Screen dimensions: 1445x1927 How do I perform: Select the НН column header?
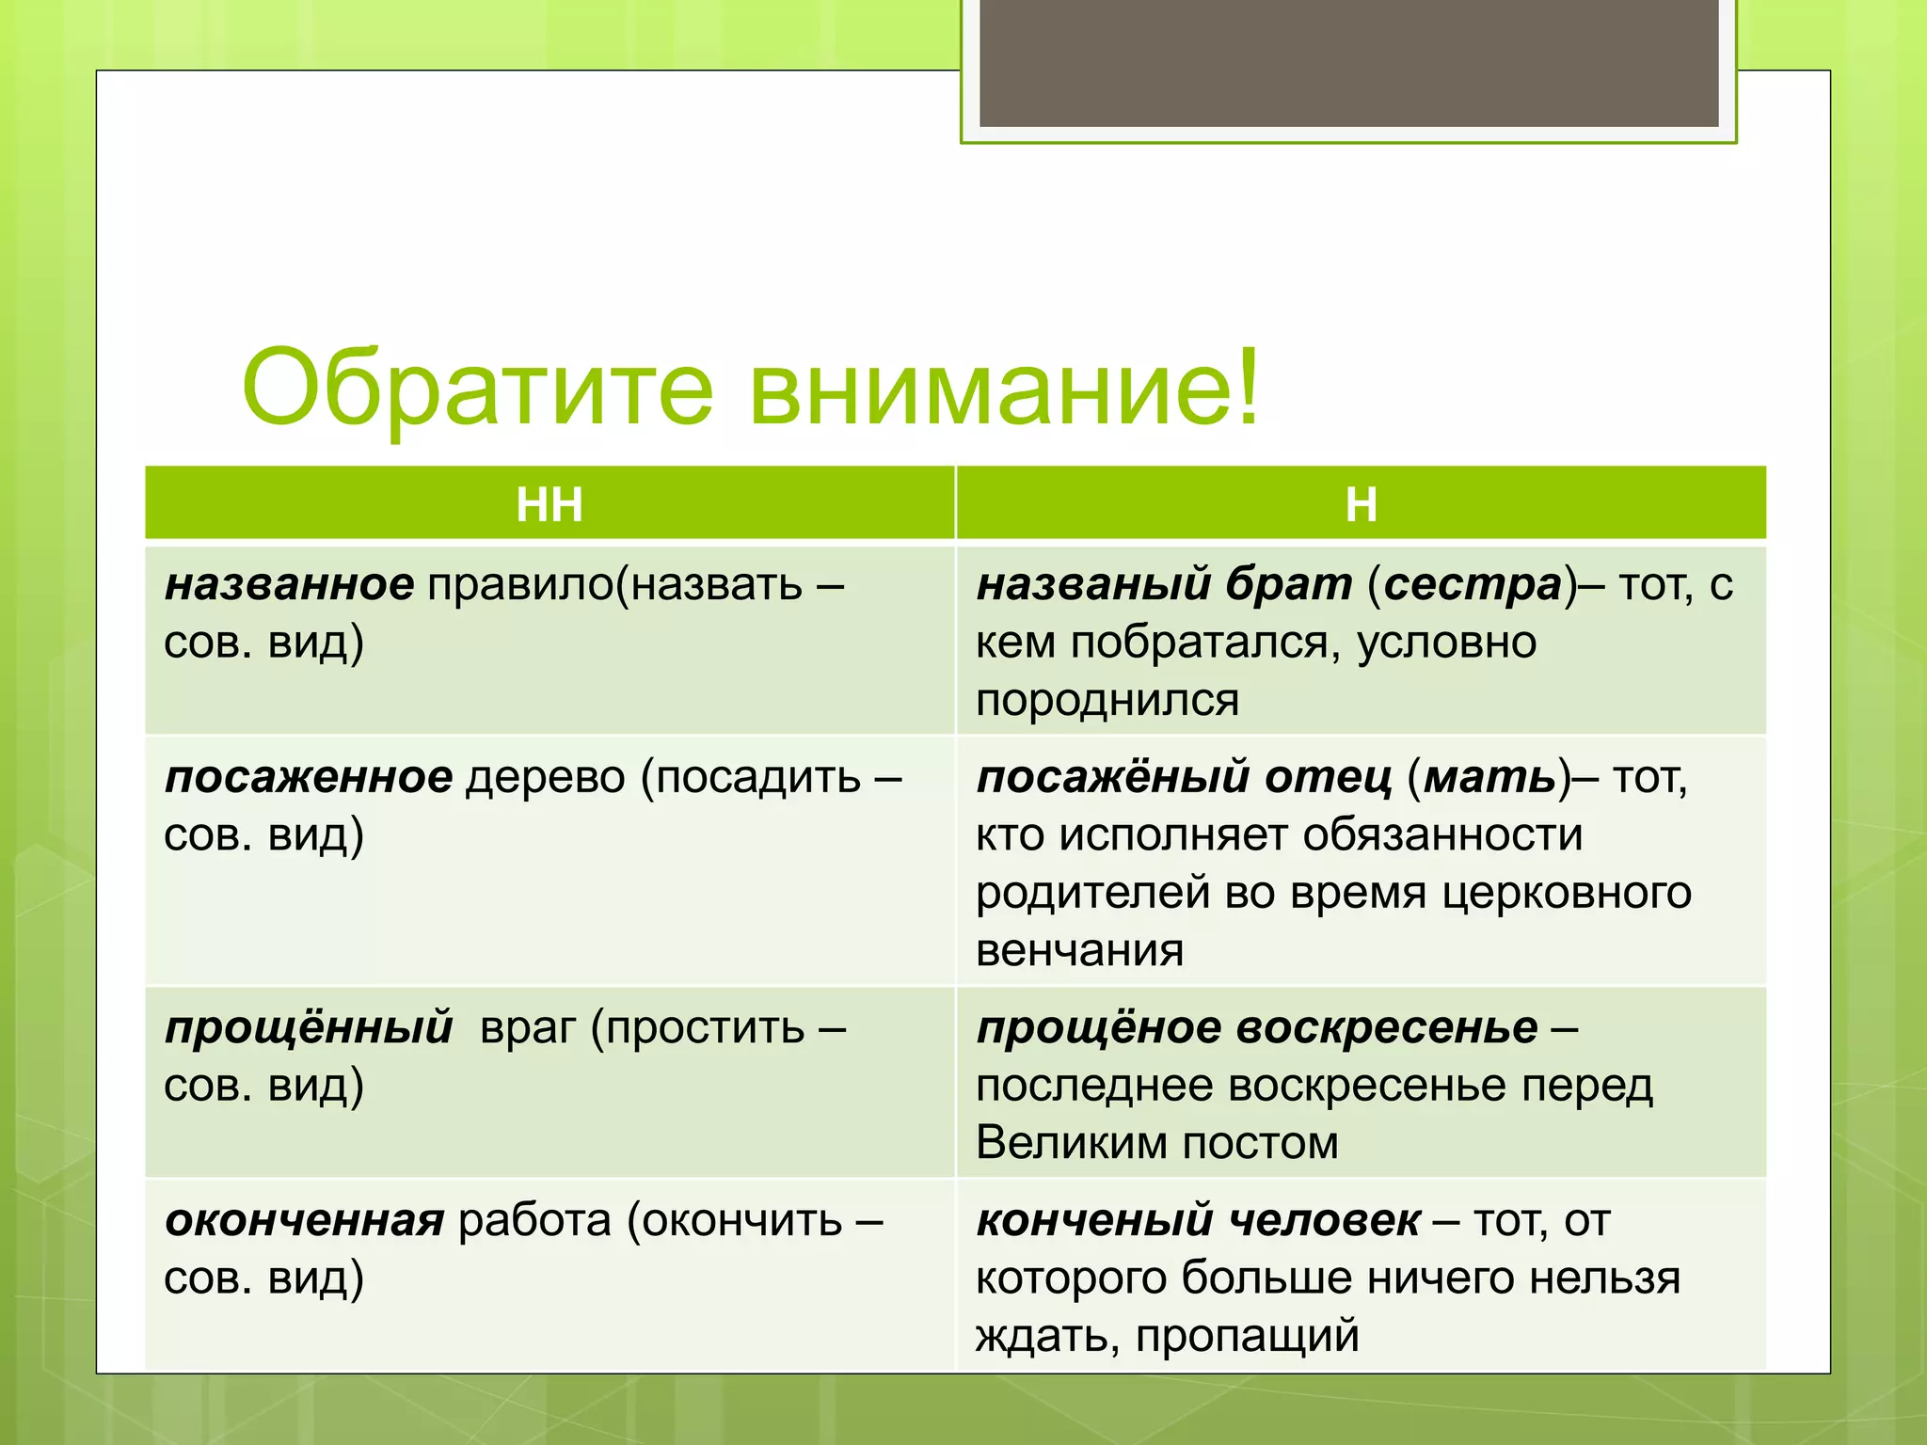pos(549,504)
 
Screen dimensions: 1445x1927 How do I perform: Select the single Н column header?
pos(1361,504)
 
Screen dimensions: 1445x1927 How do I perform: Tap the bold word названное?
pos(289,584)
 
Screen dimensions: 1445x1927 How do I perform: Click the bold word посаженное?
pos(309,777)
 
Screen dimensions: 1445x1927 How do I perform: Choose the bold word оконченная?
pos(304,1220)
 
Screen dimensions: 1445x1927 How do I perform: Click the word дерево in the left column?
pos(546,777)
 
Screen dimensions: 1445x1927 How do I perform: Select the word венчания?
pos(1079,950)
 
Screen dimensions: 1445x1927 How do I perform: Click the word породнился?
pos(1107,700)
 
